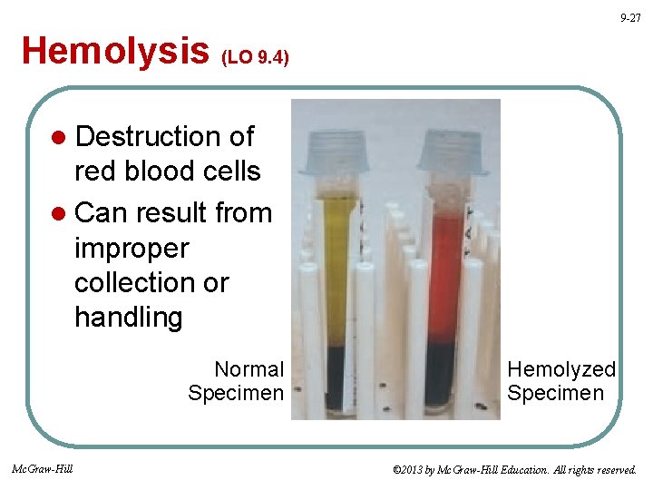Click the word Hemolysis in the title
pos(115,51)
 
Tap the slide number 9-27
pos(630,18)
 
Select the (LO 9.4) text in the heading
pos(256,57)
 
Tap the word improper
pos(132,248)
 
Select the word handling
pos(128,318)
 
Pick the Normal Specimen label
pos(237,381)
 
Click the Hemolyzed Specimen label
pos(560,381)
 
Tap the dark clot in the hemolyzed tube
pos(443,377)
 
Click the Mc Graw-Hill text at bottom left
pos(43,468)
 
